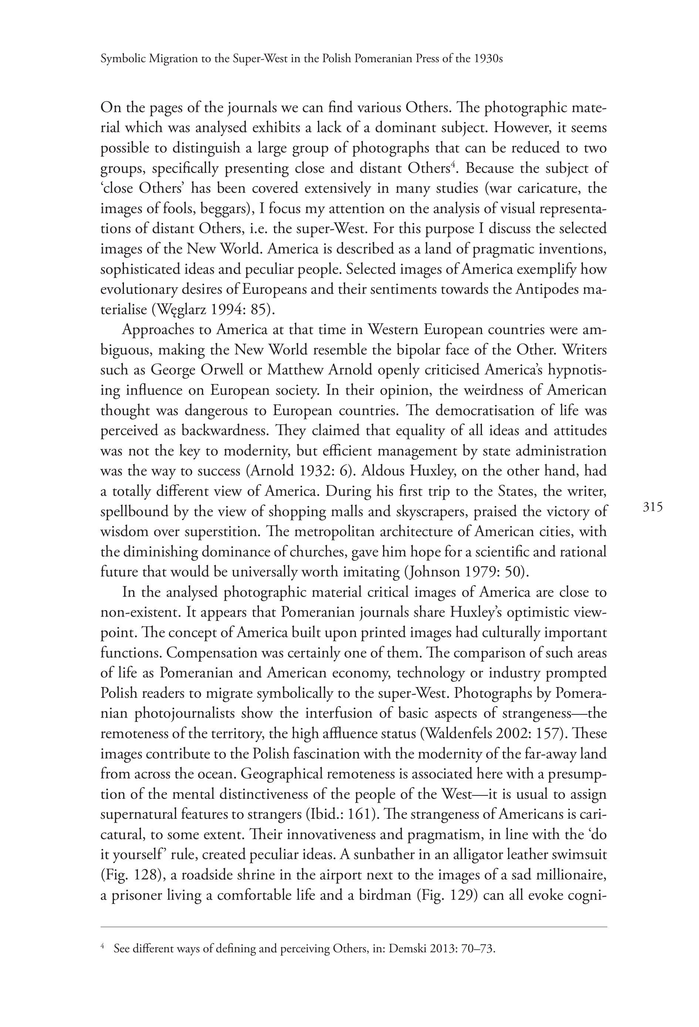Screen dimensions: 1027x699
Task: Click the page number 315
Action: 653,507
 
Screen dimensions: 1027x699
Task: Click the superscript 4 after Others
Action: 452,165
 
